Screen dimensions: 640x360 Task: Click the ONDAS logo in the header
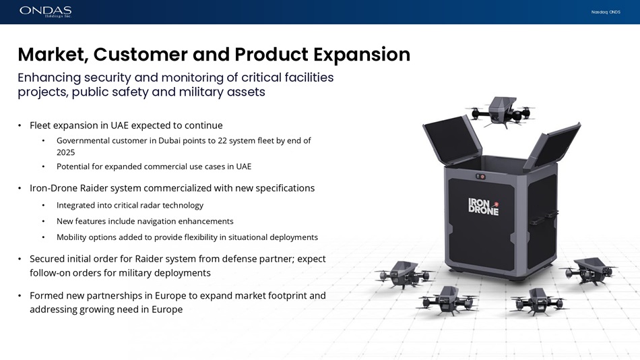tap(45, 11)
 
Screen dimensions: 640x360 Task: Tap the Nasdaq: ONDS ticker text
tap(606, 12)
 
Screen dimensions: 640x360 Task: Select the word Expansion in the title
tap(362, 55)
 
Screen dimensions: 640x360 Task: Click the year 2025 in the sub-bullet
tap(66, 152)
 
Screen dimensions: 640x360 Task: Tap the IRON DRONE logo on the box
tap(484, 206)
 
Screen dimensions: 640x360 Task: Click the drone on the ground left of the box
tap(404, 274)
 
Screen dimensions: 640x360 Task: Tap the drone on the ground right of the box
tap(589, 270)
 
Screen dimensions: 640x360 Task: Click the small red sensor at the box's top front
tap(482, 177)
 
